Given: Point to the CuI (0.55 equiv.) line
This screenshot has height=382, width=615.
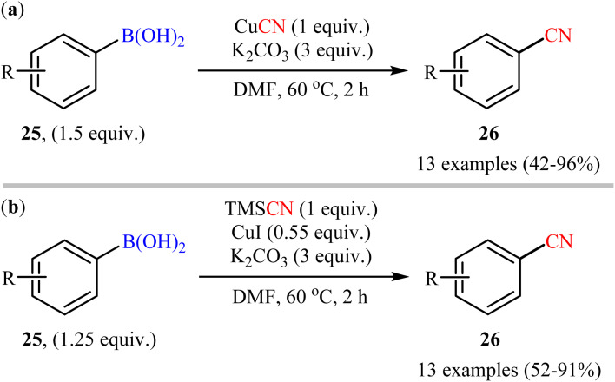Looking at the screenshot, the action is pyautogui.click(x=288, y=231).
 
